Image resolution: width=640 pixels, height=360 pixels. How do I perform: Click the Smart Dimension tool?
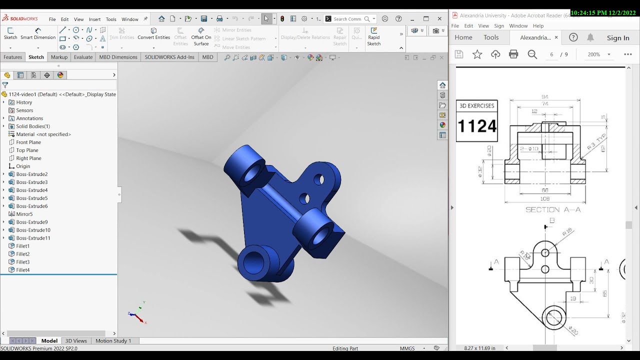[38, 33]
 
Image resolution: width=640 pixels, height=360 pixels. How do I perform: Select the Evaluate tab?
[83, 57]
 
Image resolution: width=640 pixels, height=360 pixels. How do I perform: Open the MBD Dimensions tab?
[118, 57]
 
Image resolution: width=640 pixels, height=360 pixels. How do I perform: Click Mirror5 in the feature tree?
[24, 214]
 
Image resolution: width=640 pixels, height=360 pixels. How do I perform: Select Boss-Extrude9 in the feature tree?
[31, 222]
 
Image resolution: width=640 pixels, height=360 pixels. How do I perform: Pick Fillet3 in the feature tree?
[22, 262]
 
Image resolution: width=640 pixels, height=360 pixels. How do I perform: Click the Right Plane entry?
[28, 158]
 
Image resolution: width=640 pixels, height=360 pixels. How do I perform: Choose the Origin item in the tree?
[23, 166]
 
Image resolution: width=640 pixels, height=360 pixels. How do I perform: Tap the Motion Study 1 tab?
[113, 341]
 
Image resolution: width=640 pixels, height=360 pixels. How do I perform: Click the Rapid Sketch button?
[374, 36]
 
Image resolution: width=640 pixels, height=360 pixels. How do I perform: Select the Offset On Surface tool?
[201, 36]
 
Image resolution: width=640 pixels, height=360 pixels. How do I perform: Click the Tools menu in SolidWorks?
[111, 19]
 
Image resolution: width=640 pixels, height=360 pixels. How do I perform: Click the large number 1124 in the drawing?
[477, 126]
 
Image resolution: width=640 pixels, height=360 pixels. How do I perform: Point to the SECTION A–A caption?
[553, 210]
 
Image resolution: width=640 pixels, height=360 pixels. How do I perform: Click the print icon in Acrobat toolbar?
[513, 54]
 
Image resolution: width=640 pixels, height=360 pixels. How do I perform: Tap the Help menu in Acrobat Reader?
[538, 26]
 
